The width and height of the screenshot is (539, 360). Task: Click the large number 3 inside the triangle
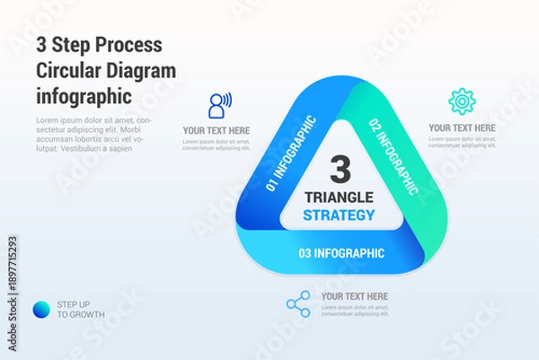pyautogui.click(x=340, y=168)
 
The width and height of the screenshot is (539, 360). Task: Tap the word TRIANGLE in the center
pyautogui.click(x=340, y=197)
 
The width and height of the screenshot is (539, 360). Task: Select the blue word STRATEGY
pyautogui.click(x=340, y=215)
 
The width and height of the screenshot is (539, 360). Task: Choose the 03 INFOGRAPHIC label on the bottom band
pyautogui.click(x=341, y=253)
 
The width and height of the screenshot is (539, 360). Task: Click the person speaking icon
pyautogui.click(x=218, y=105)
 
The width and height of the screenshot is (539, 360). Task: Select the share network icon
pyautogui.click(x=298, y=303)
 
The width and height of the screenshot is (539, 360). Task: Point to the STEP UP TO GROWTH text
pyautogui.click(x=81, y=309)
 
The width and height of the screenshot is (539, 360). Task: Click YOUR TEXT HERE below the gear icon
pyautogui.click(x=462, y=127)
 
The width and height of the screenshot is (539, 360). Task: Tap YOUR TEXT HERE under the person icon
pyautogui.click(x=216, y=130)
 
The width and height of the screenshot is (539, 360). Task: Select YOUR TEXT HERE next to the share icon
pyautogui.click(x=355, y=296)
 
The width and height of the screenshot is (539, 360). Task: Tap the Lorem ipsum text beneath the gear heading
pyautogui.click(x=462, y=144)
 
